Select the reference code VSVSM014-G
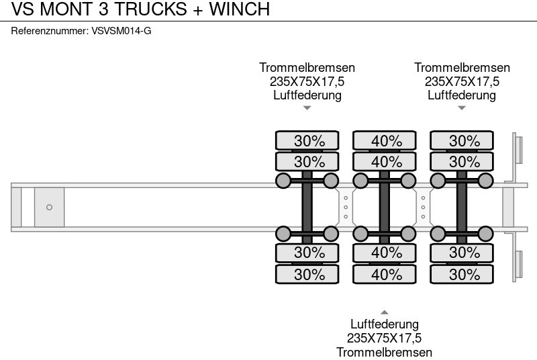(x=120, y=31)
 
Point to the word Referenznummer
(x=50, y=31)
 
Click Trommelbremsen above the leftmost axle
(x=307, y=68)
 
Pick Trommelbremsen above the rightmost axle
(x=462, y=68)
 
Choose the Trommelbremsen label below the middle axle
(x=385, y=352)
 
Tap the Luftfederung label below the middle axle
(x=385, y=325)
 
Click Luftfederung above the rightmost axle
(x=462, y=95)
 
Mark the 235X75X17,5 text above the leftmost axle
(x=307, y=81)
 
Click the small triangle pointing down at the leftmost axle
(x=307, y=107)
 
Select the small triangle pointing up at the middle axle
(x=385, y=312)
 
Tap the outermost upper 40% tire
(x=385, y=140)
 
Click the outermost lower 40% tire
(x=385, y=274)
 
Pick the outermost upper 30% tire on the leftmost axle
(x=307, y=140)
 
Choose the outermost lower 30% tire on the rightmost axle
(x=462, y=274)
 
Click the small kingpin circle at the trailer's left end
(x=49, y=207)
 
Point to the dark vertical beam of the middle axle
(x=385, y=207)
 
